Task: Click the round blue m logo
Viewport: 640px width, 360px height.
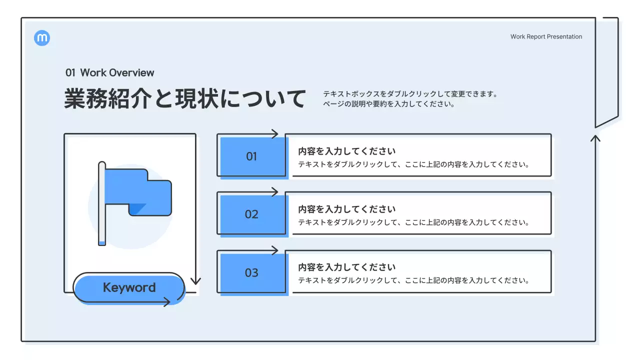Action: (x=42, y=38)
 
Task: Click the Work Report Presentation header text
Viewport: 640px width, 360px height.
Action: (x=546, y=36)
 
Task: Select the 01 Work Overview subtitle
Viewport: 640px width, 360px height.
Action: (x=109, y=72)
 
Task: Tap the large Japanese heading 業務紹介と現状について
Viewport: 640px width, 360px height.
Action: (x=184, y=98)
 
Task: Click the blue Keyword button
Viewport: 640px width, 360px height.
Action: (x=129, y=287)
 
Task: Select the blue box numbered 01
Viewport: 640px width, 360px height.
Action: (x=251, y=156)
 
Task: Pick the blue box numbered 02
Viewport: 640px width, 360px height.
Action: (x=251, y=214)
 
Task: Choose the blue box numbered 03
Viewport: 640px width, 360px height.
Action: (x=251, y=273)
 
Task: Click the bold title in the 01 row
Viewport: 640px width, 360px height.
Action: (x=346, y=151)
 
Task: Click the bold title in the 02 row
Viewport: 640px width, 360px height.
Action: (x=346, y=209)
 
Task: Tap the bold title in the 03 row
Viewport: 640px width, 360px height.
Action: (x=346, y=267)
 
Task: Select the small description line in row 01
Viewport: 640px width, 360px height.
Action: (x=413, y=164)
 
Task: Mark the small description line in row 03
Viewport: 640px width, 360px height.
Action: (x=413, y=280)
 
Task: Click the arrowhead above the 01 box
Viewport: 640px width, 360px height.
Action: (x=274, y=133)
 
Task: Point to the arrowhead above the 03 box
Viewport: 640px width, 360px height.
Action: (x=274, y=250)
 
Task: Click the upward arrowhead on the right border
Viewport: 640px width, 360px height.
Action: (x=595, y=137)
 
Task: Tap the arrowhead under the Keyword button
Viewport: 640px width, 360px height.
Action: (x=166, y=302)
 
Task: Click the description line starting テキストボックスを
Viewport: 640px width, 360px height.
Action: (x=410, y=93)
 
